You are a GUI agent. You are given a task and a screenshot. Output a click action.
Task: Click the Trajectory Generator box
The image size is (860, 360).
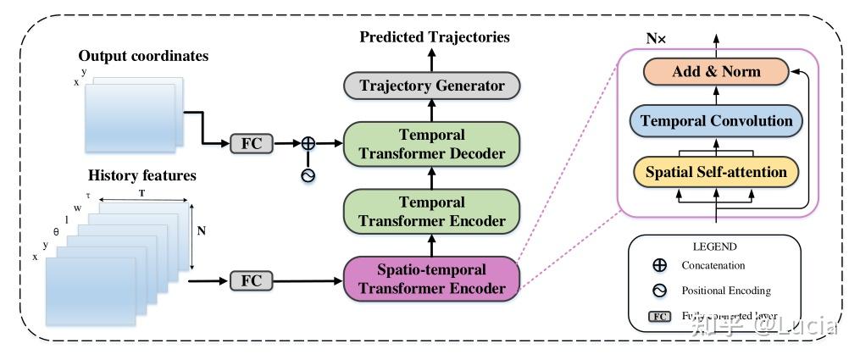432,86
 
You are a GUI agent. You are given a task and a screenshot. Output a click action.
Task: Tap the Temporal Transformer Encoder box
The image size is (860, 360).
432,212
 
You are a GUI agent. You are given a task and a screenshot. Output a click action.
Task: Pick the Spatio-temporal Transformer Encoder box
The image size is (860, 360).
432,279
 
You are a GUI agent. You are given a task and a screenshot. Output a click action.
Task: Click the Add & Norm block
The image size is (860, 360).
716,72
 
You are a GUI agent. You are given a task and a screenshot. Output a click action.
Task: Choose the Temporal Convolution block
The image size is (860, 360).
716,121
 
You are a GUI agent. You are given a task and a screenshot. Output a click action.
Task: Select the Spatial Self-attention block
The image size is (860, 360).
716,172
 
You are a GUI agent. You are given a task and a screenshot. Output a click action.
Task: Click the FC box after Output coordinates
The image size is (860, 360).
252,143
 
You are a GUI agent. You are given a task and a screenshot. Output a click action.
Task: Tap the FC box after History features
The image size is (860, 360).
252,280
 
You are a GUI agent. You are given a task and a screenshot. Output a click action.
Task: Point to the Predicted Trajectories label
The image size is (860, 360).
435,36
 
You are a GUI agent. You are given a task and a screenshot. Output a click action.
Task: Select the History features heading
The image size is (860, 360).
142,176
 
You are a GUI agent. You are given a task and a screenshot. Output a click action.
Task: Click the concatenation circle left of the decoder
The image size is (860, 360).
308,143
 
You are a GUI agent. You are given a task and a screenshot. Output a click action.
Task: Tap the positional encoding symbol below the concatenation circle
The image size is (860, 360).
308,174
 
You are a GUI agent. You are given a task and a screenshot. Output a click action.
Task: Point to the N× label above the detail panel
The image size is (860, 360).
656,39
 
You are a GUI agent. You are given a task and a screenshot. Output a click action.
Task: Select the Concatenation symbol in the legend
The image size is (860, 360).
659,265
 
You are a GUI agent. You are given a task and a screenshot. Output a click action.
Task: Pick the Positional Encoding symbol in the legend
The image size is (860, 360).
659,291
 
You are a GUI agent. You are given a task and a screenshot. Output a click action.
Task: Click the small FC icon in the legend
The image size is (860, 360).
659,317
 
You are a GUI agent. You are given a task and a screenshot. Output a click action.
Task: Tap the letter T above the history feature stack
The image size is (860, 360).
141,192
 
